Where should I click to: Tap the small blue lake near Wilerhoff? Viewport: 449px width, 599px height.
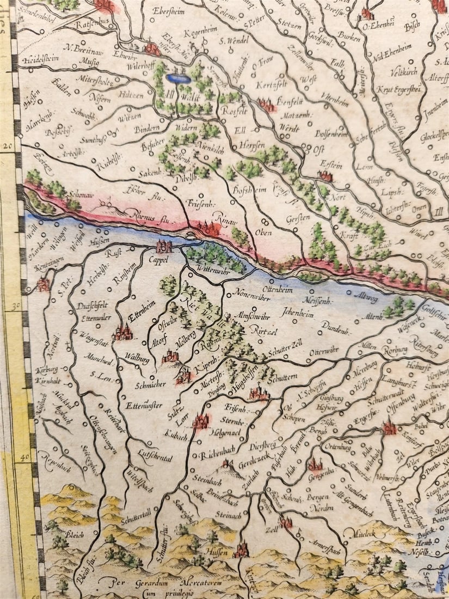click(179, 78)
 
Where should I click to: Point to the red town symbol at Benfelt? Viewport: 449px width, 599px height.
click(267, 105)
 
